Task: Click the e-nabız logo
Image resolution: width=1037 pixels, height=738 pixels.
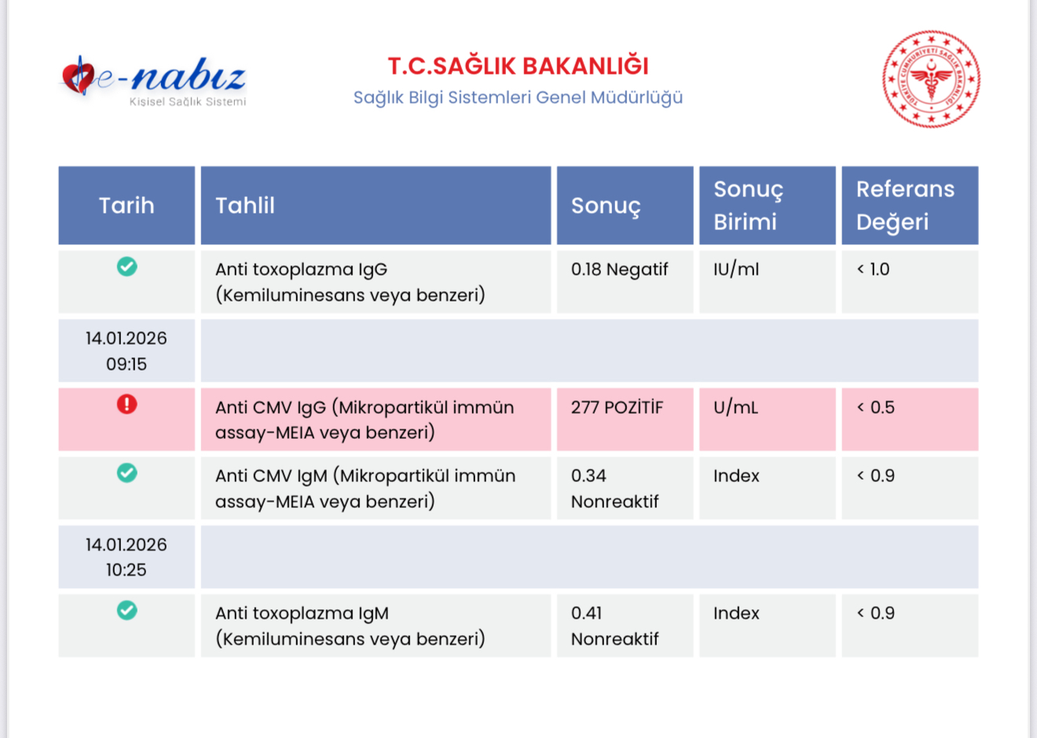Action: [x=153, y=81]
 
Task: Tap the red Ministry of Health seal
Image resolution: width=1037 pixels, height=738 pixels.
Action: [x=931, y=79]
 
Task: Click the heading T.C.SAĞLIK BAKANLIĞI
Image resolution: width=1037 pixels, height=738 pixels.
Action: [x=518, y=66]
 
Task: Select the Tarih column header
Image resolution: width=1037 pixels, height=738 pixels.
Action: [x=126, y=206]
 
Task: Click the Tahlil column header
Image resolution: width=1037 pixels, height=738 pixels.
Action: [x=376, y=206]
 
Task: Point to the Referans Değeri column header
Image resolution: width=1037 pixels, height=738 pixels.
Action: [x=910, y=206]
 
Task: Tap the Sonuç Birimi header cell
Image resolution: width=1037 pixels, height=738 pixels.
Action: [x=767, y=206]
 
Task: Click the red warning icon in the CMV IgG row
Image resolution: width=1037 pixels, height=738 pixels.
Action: [x=126, y=404]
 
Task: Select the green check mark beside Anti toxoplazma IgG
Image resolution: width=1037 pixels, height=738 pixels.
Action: [x=126, y=266]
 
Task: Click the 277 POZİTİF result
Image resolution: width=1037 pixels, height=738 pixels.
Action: [x=617, y=407]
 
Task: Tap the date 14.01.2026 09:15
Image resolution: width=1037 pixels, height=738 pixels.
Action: [x=126, y=351]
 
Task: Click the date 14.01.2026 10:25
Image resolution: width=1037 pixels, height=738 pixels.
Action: [x=126, y=557]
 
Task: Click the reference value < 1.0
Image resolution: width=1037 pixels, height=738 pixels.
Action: [x=873, y=269]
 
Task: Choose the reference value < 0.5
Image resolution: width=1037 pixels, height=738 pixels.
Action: [x=875, y=407]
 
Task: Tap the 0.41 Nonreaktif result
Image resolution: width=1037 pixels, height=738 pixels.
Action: [x=614, y=626]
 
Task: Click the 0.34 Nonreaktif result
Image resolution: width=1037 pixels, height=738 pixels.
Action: [x=614, y=488]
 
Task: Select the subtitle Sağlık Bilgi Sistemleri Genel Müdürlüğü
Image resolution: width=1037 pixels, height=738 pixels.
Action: [x=518, y=97]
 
